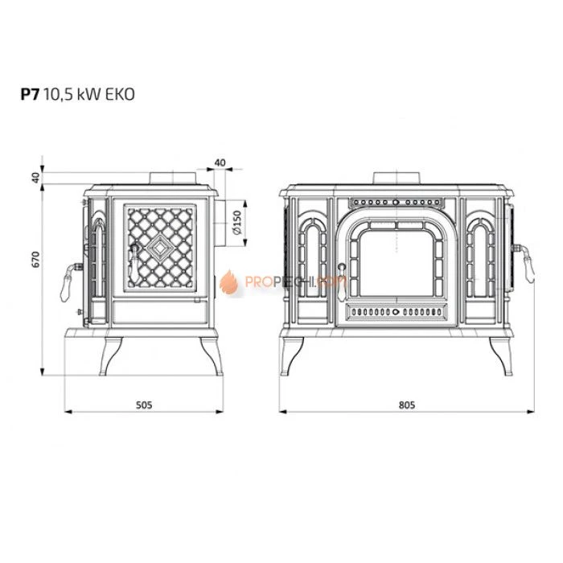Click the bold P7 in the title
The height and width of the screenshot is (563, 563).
(x=30, y=94)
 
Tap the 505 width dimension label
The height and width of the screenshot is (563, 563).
(x=144, y=405)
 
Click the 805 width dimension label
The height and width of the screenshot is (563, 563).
(x=407, y=405)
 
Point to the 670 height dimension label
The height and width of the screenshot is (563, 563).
(x=35, y=259)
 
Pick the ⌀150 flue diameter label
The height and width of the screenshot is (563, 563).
(x=236, y=223)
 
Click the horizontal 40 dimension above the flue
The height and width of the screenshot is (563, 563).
(x=220, y=162)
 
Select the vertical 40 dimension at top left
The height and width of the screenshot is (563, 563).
(x=35, y=178)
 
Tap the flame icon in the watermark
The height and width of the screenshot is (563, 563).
(x=228, y=282)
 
